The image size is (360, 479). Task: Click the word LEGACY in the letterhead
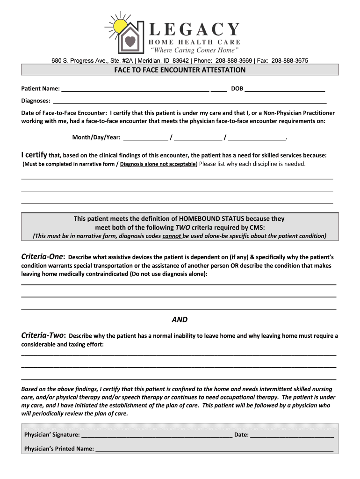tap(194, 30)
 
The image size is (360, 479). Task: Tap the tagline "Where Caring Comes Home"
tap(194, 50)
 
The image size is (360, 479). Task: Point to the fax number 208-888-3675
tap(289, 61)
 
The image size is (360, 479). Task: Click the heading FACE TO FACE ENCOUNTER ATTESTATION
tap(180, 70)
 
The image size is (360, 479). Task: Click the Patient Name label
tap(40, 88)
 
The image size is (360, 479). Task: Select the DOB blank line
tap(285, 89)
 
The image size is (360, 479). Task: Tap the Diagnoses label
tap(36, 101)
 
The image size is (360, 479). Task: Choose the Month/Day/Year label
tap(96, 138)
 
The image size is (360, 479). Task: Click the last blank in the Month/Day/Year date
tap(257, 138)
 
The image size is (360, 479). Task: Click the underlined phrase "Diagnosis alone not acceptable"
tap(158, 164)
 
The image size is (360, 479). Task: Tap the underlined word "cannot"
tap(172, 236)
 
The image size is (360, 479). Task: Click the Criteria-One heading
tap(44, 257)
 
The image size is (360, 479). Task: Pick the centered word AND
tap(180, 320)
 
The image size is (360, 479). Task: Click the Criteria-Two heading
tap(44, 335)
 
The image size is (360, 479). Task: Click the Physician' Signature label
tap(52, 435)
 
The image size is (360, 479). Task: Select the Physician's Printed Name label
tap(59, 449)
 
